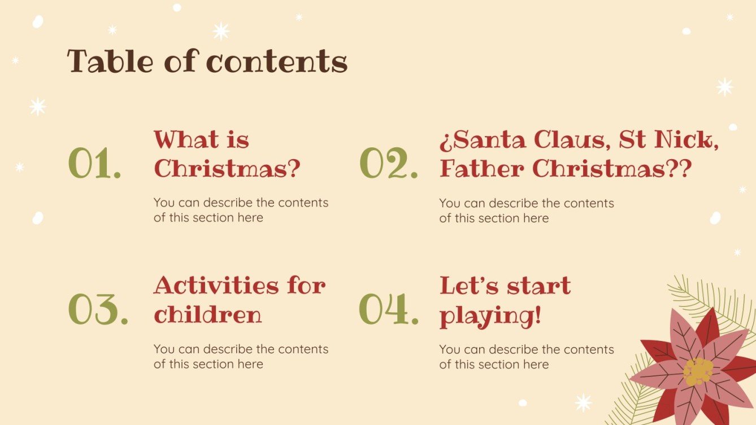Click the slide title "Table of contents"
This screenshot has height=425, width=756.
click(207, 62)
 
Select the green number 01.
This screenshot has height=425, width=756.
click(94, 164)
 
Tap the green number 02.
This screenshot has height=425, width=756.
click(389, 164)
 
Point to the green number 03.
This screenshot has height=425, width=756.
click(98, 310)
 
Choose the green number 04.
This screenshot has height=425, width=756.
click(389, 310)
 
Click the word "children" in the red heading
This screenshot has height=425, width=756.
click(208, 314)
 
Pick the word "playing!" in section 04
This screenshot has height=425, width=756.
click(490, 316)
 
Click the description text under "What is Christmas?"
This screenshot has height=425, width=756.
click(241, 210)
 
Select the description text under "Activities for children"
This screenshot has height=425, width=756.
click(241, 357)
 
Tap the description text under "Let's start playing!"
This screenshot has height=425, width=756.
click(527, 357)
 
